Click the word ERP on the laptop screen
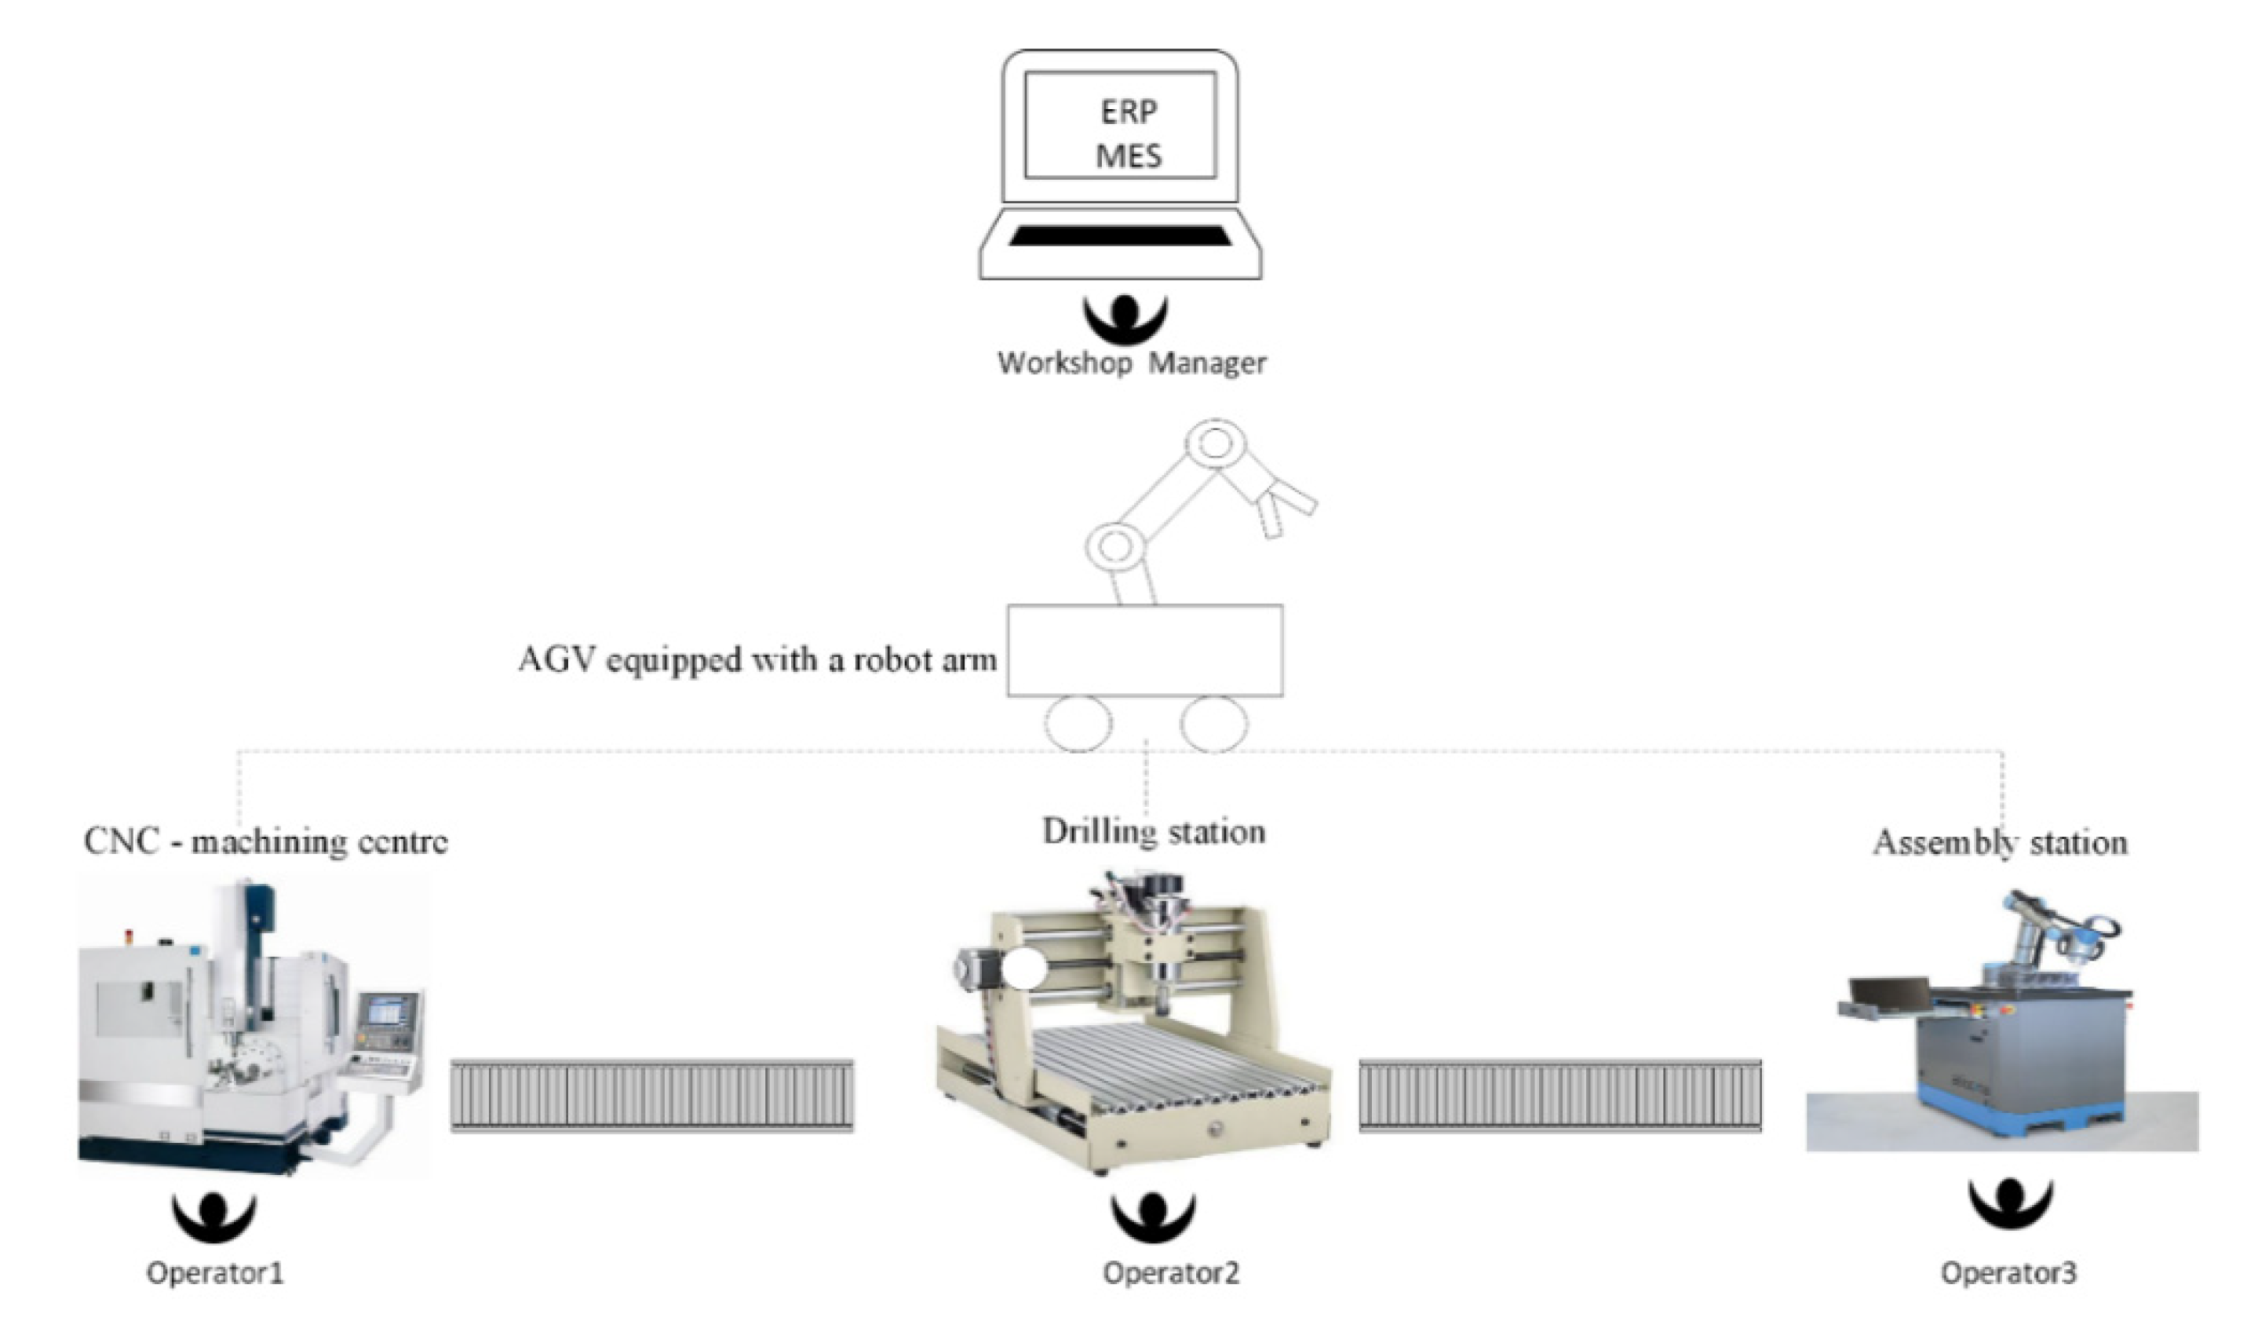pyautogui.click(x=1128, y=111)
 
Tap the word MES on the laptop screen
pyautogui.click(x=1128, y=155)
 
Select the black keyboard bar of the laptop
pyautogui.click(x=1120, y=235)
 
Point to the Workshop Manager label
pyautogui.click(x=1131, y=363)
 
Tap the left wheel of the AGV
pyautogui.click(x=1078, y=724)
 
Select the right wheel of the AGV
pyautogui.click(x=1213, y=724)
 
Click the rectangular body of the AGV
pyautogui.click(x=1145, y=651)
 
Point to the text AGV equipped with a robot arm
pyautogui.click(x=757, y=660)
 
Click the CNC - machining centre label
pyautogui.click(x=265, y=841)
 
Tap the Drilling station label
pyautogui.click(x=1153, y=830)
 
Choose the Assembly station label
pyautogui.click(x=1999, y=842)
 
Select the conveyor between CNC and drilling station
pyautogui.click(x=651, y=1095)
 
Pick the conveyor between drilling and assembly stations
pyautogui.click(x=1559, y=1095)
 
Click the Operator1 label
pyautogui.click(x=215, y=1273)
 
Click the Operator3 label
pyautogui.click(x=2008, y=1273)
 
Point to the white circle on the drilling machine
pyautogui.click(x=1023, y=971)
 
